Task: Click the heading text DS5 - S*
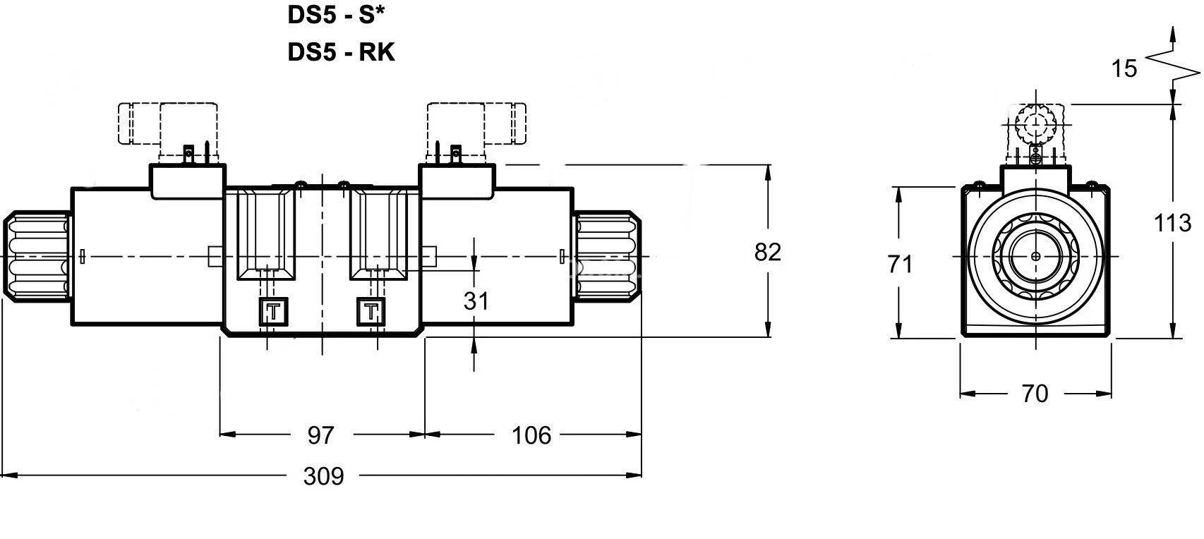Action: tap(339, 16)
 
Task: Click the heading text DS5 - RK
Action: tap(341, 52)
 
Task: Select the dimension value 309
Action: tap(323, 477)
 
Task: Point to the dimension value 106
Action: tap(531, 435)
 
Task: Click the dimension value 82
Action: tap(767, 252)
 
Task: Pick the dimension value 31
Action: tap(476, 301)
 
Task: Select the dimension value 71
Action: tap(900, 265)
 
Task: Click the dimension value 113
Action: tap(1172, 224)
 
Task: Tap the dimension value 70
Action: tap(1035, 394)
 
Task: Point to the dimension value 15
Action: tap(1124, 69)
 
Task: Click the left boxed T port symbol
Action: tap(274, 311)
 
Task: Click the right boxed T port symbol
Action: tap(371, 311)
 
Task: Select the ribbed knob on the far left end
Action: tap(37, 255)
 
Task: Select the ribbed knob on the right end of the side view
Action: tap(606, 255)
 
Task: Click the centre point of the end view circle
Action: tap(1035, 256)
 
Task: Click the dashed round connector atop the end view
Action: tap(1035, 124)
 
